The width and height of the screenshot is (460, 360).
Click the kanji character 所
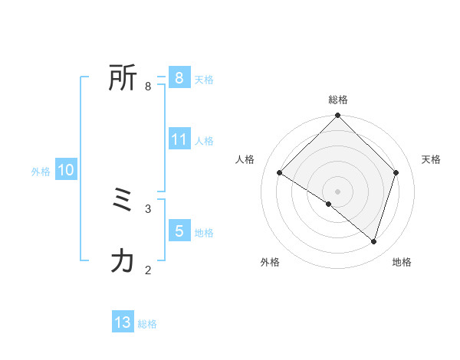[123, 78]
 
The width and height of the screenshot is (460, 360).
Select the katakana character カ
[123, 261]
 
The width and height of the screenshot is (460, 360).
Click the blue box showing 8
[179, 78]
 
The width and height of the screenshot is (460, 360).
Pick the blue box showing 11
[179, 139]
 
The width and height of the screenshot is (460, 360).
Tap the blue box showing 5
[179, 231]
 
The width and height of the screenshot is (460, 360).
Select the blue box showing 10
[66, 171]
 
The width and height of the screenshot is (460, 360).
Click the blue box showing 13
[123, 322]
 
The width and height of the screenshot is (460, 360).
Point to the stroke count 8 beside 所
[148, 87]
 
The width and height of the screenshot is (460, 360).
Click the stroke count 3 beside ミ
[148, 208]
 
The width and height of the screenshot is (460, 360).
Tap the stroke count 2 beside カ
[148, 270]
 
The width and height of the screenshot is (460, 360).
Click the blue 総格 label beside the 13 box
[147, 324]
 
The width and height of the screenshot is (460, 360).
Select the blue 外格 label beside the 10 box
[41, 172]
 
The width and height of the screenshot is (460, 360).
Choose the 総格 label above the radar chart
[338, 100]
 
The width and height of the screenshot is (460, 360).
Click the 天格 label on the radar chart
[431, 159]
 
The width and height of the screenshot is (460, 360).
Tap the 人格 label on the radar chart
[245, 159]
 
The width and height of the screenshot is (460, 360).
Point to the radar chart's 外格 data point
[329, 204]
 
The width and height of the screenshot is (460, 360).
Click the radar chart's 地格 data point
[373, 241]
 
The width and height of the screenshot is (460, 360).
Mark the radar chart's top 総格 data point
[338, 116]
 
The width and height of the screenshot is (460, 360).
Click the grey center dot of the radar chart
[338, 191]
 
